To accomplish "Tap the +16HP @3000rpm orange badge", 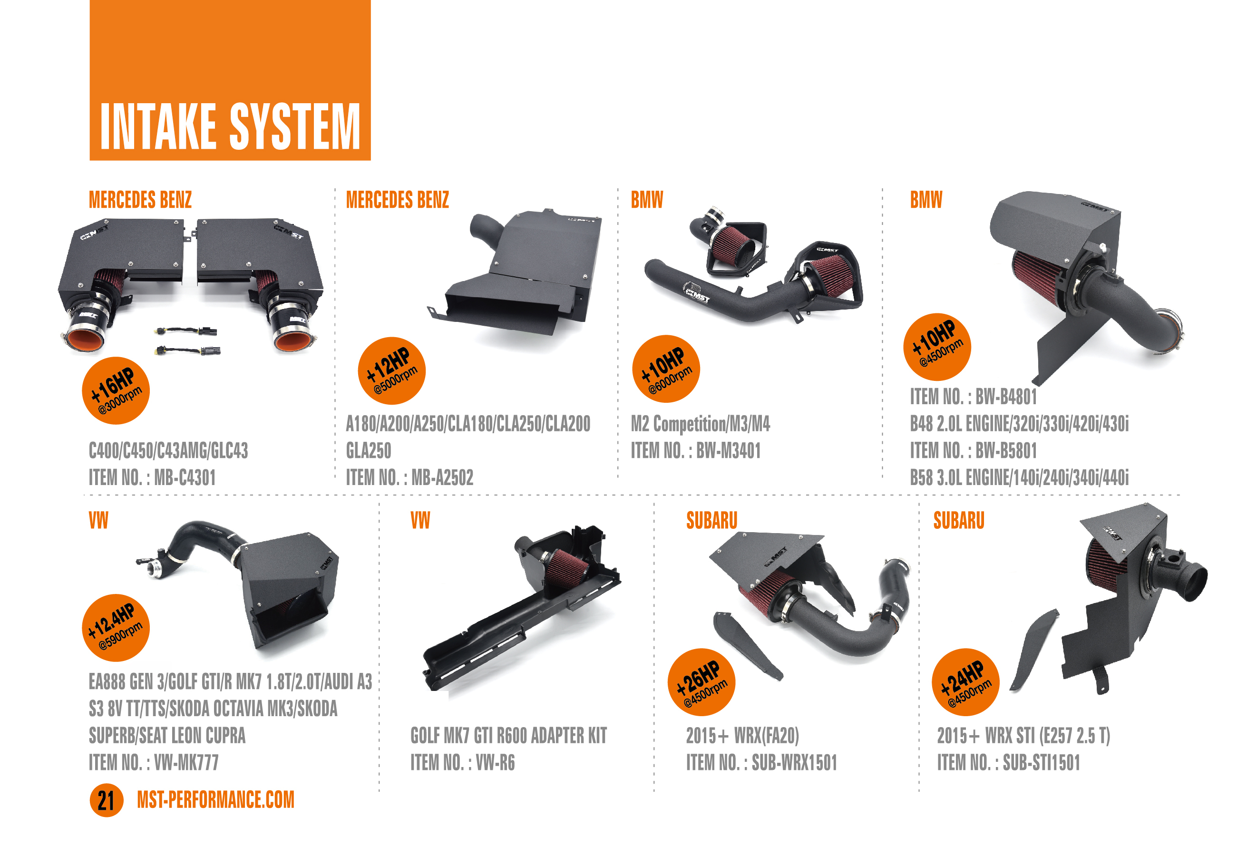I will pyautogui.click(x=116, y=390).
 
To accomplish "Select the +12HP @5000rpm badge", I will pyautogui.click(x=391, y=371).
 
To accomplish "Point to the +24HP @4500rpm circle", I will pyautogui.click(x=965, y=682).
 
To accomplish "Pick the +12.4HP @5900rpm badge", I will pyautogui.click(x=116, y=628).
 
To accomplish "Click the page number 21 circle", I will pyautogui.click(x=106, y=800).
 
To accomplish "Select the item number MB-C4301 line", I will pyautogui.click(x=152, y=477).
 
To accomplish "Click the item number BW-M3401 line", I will pyautogui.click(x=695, y=450).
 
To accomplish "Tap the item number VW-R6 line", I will pyautogui.click(x=462, y=763).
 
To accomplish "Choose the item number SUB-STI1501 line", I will pyautogui.click(x=1008, y=763).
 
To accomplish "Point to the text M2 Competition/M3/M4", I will pyautogui.click(x=700, y=423).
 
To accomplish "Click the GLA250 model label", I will pyautogui.click(x=369, y=450).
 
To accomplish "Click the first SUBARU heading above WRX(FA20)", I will pyautogui.click(x=711, y=520).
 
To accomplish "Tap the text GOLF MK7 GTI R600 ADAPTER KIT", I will pyautogui.click(x=508, y=736).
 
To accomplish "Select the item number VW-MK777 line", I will pyautogui.click(x=153, y=763).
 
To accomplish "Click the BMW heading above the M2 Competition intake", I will pyautogui.click(x=646, y=199).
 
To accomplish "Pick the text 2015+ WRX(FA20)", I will pyautogui.click(x=742, y=736).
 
